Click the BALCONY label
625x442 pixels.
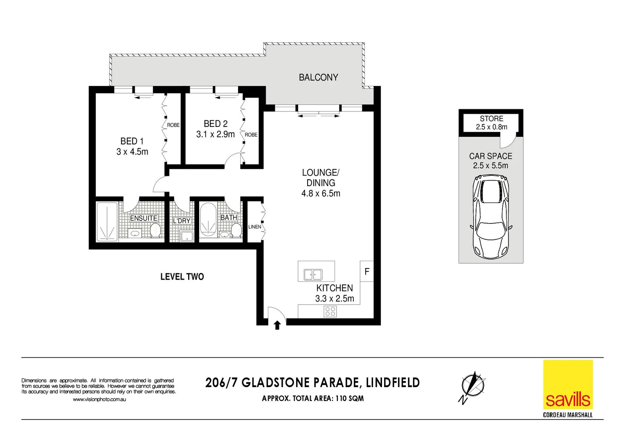pos(318,77)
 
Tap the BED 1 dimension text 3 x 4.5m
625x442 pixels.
pos(132,152)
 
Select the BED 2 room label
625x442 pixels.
pos(216,124)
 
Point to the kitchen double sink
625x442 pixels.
pos(313,275)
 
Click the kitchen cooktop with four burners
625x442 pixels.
pos(330,311)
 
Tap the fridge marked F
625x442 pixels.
pos(367,271)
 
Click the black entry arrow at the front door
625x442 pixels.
pos(277,325)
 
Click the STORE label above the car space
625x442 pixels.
pos(491,119)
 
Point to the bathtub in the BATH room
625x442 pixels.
pos(208,220)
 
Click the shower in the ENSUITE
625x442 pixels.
pos(107,221)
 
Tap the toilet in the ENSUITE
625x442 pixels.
pos(155,230)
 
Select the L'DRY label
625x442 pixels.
pos(182,221)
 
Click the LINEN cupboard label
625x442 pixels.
pos(254,227)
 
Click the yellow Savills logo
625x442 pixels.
pos(568,385)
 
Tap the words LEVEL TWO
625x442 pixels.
pos(182,277)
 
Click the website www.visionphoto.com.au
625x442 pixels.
pos(99,399)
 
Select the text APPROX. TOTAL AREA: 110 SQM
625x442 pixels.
pos(313,398)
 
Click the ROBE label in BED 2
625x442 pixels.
pos(251,135)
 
